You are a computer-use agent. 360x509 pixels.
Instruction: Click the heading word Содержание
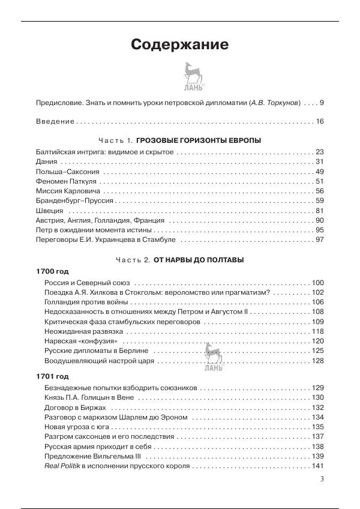pyautogui.click(x=179, y=44)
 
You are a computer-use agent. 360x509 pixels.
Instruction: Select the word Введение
pyautogui.click(x=56, y=121)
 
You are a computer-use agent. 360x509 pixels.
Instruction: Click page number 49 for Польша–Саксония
pyautogui.click(x=319, y=172)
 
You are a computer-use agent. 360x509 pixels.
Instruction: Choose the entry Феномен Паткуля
pyautogui.click(x=67, y=182)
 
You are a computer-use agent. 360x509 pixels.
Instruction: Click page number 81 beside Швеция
pyautogui.click(x=319, y=211)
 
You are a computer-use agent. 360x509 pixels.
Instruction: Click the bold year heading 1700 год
pyautogui.click(x=53, y=272)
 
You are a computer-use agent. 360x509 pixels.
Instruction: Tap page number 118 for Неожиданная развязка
pyautogui.click(x=317, y=331)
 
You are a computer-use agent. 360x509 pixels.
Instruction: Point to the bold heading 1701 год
pyautogui.click(x=53, y=376)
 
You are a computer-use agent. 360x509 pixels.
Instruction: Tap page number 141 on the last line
pyautogui.click(x=317, y=466)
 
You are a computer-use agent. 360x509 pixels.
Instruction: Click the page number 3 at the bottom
pyautogui.click(x=322, y=479)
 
